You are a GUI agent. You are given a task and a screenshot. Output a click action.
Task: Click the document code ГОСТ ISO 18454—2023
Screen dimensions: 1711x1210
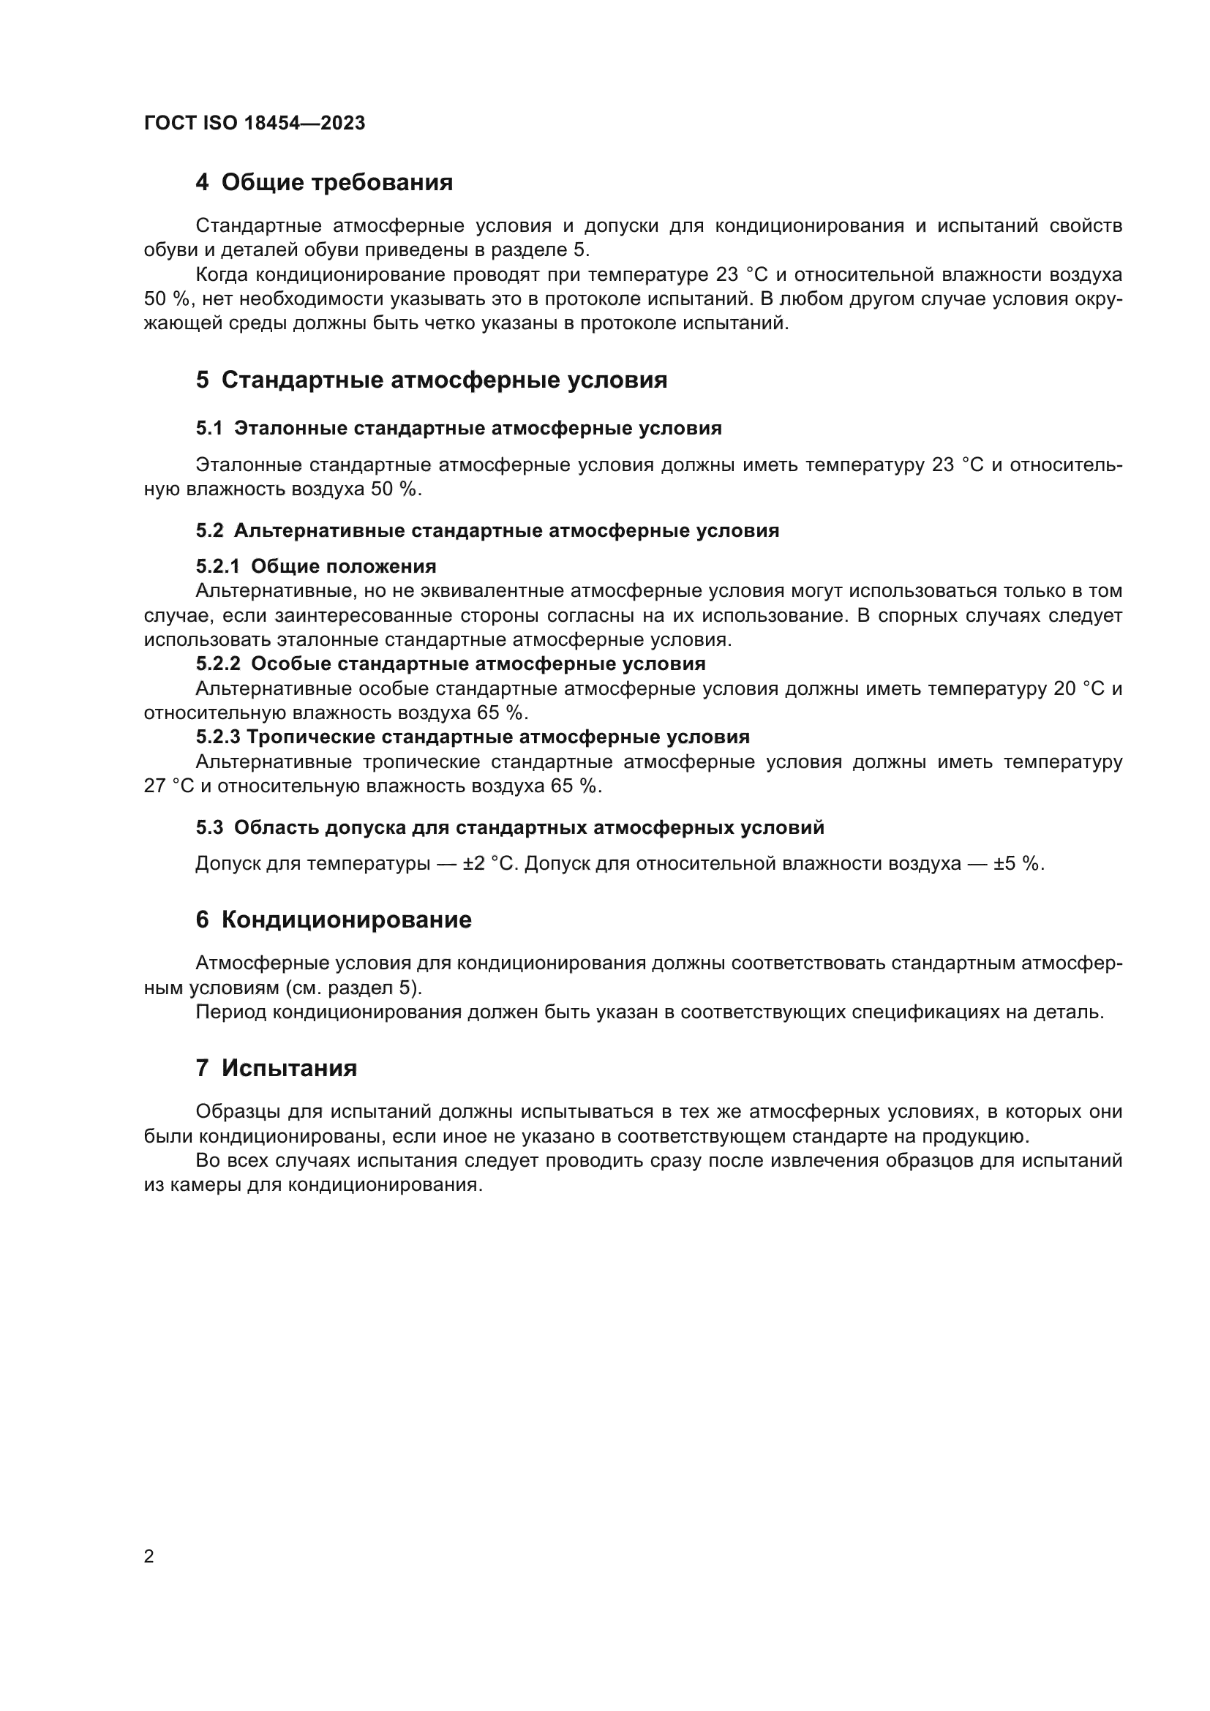tap(254, 124)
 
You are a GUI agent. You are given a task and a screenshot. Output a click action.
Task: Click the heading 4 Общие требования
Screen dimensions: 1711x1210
tap(324, 183)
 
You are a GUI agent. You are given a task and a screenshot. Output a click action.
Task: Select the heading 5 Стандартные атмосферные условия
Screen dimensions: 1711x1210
tap(432, 380)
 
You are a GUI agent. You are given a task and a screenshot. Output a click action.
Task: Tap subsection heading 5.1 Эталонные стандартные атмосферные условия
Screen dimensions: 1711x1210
tap(458, 429)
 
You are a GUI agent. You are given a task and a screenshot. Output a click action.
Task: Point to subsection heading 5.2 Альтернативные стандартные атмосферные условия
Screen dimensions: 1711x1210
tap(487, 530)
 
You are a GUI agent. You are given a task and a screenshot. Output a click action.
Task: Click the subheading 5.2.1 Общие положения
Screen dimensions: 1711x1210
tap(316, 566)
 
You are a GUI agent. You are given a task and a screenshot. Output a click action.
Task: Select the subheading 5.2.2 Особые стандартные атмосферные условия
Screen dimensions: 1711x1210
tap(450, 663)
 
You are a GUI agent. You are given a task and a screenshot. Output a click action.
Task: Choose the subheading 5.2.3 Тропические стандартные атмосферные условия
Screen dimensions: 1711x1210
tap(473, 737)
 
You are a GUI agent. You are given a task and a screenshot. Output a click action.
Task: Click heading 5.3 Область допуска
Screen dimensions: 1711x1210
tap(510, 827)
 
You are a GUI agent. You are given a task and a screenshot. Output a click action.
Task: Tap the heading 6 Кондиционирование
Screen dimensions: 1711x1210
tap(333, 920)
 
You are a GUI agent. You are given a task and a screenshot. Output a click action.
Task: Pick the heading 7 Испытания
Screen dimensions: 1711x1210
tap(277, 1068)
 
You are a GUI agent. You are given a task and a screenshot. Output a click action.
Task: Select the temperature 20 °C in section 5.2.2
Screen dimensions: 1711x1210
tap(1079, 688)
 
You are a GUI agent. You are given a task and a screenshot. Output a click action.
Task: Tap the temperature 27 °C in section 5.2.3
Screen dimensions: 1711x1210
tap(168, 786)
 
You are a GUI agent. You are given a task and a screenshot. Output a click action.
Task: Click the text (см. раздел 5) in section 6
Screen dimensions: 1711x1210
tap(353, 988)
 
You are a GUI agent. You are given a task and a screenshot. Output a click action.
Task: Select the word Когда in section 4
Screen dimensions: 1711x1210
tap(222, 275)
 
